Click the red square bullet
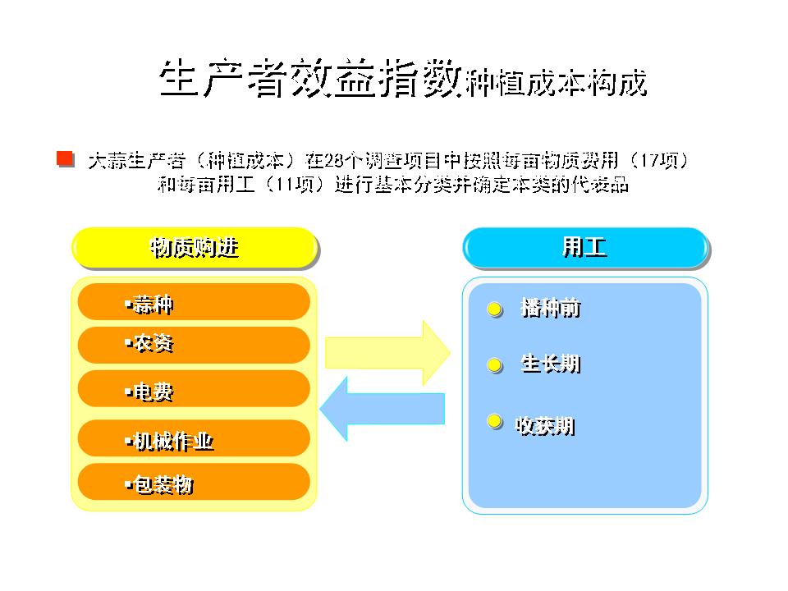coord(66,158)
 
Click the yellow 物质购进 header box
coord(195,247)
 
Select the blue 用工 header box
coord(585,247)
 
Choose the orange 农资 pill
coord(194,345)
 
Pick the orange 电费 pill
coord(194,388)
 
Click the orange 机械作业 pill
coord(194,438)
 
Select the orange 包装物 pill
coord(194,482)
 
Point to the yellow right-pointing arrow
coord(387,353)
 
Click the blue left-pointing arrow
coord(383,409)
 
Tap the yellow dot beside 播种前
coord(494,309)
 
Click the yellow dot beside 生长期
coord(494,365)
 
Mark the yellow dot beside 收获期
coord(494,421)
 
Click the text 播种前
coord(551,308)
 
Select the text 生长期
coord(551,364)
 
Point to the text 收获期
coord(545,426)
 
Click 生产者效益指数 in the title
coord(310,78)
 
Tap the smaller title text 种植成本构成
coord(556,82)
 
